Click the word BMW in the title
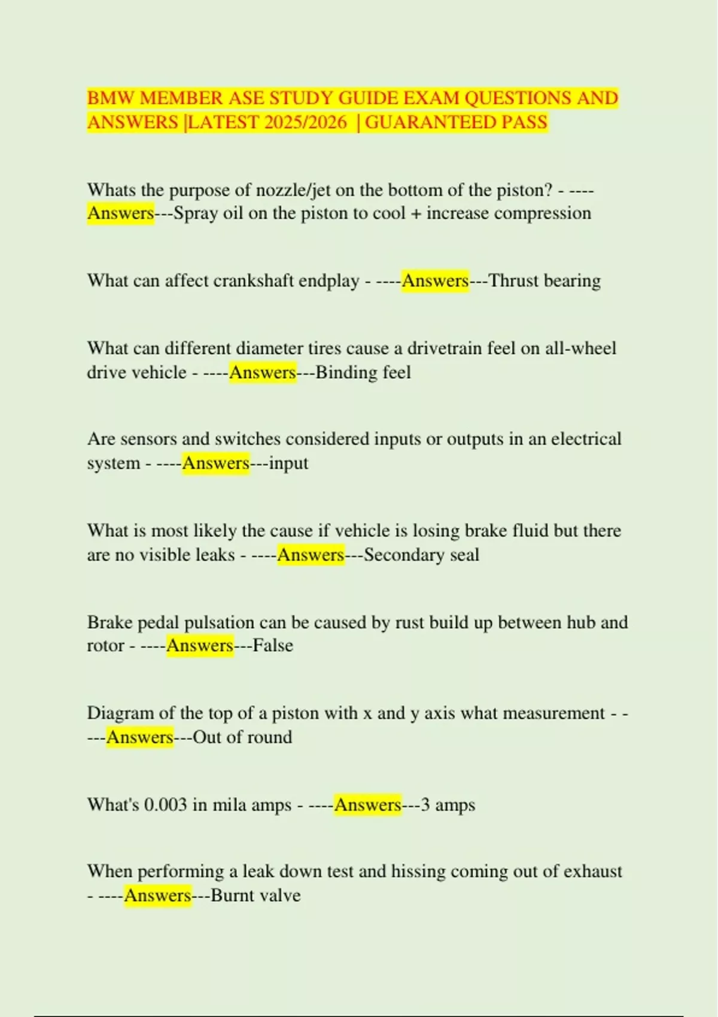111,98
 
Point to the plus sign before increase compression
416,214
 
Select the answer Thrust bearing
544,281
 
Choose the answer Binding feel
363,373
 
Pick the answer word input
288,464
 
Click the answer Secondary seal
421,555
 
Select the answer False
273,646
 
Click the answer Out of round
242,738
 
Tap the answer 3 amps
448,805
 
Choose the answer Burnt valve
255,896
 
